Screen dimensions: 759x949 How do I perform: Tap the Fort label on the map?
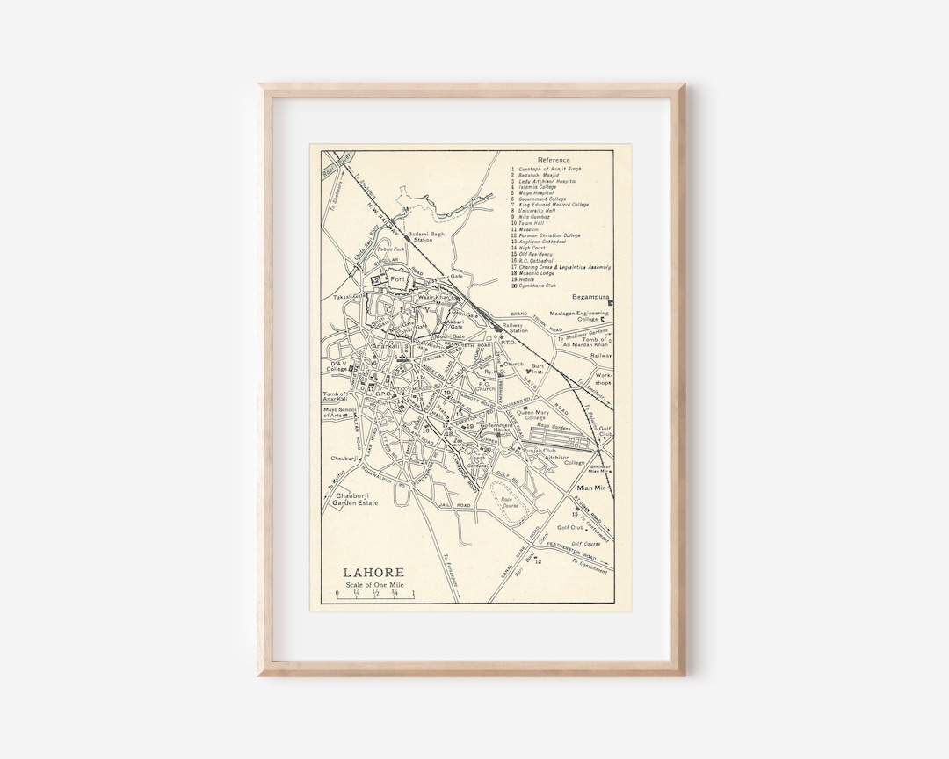point(399,280)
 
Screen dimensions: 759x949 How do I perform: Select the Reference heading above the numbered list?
point(554,160)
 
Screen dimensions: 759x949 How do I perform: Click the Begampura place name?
point(590,297)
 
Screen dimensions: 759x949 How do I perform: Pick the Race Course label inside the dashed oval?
point(511,502)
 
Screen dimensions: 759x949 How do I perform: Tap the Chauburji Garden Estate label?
point(357,501)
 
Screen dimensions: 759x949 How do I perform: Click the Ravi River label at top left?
point(332,163)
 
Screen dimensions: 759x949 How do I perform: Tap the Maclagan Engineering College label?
point(579,316)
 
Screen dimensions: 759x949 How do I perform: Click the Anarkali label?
point(386,346)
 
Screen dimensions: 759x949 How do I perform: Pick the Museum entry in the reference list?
point(529,229)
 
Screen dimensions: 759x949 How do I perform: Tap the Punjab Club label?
point(552,450)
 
